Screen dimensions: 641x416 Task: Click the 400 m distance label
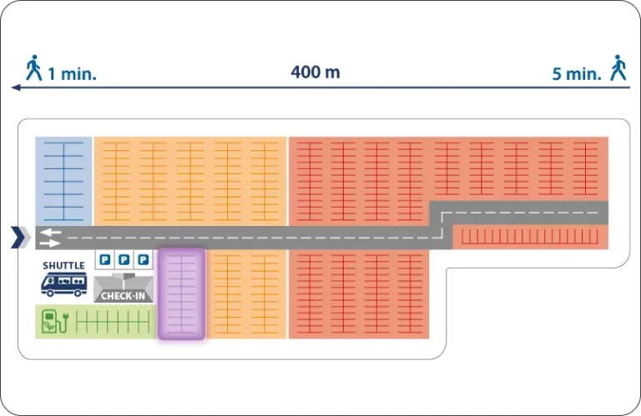point(315,73)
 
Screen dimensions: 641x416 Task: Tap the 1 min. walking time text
point(72,74)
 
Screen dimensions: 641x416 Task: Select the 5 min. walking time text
point(577,74)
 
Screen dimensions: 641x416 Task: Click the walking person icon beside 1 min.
point(34,68)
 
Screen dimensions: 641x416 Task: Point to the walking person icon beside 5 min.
point(618,68)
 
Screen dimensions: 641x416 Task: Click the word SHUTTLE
point(63,266)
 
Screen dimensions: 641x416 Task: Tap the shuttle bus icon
point(64,284)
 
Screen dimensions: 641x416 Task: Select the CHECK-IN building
point(124,288)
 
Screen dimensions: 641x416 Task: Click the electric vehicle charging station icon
point(55,321)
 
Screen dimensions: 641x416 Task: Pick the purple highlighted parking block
point(181,294)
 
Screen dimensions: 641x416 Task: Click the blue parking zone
point(63,181)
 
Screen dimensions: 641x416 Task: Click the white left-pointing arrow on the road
point(50,233)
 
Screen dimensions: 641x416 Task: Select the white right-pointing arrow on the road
point(50,243)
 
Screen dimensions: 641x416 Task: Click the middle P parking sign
point(124,259)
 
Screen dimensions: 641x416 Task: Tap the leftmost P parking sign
point(105,259)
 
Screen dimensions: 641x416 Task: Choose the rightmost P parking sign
point(143,259)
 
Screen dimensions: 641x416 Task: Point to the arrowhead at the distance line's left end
point(16,88)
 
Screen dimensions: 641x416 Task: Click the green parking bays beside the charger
point(113,322)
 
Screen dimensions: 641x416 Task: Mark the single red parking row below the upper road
point(530,237)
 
